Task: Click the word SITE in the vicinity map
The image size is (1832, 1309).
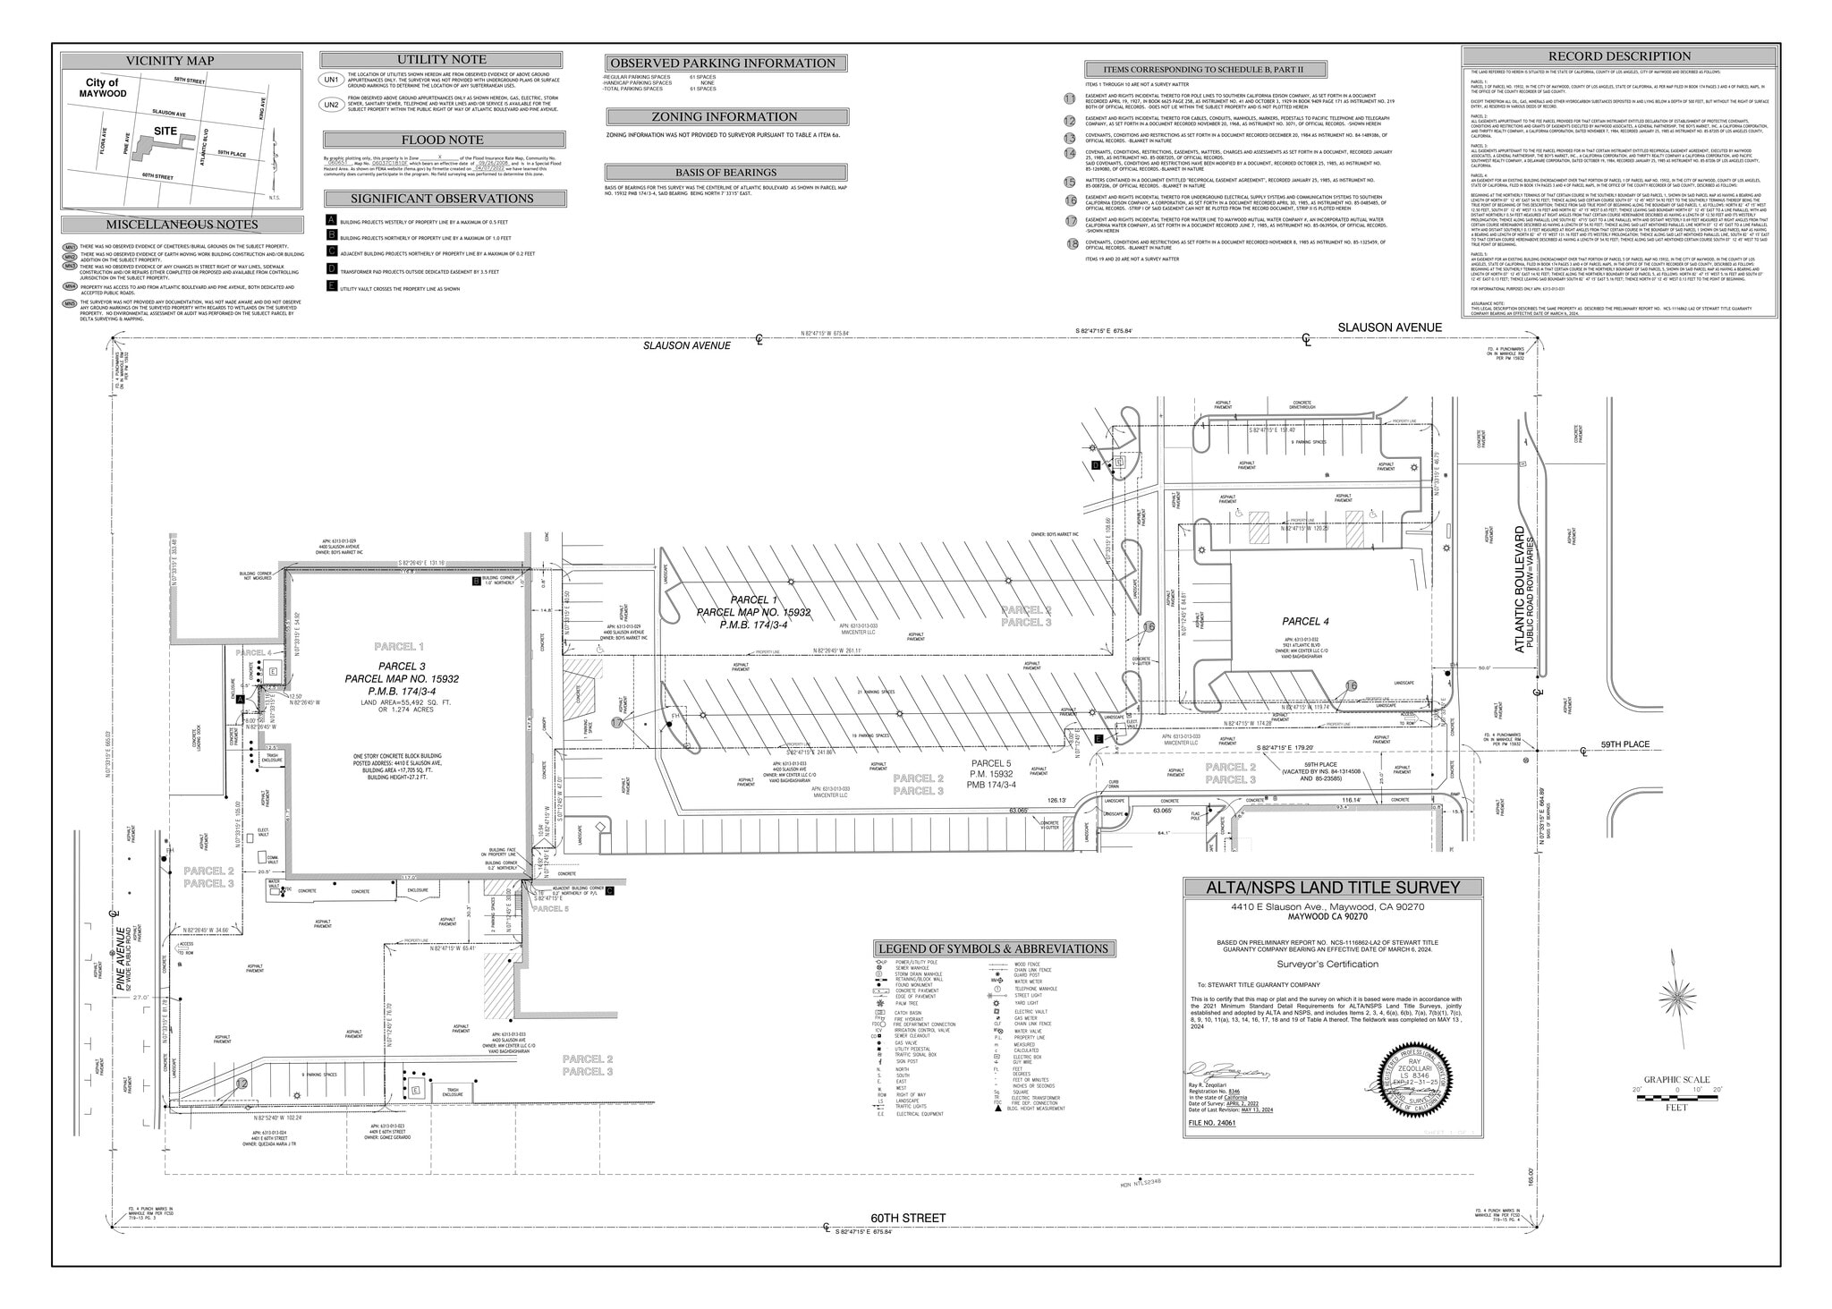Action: click(x=165, y=131)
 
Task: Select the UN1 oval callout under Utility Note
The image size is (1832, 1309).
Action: click(x=331, y=80)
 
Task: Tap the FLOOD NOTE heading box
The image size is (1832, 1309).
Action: click(x=443, y=140)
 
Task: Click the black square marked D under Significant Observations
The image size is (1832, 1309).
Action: click(x=332, y=268)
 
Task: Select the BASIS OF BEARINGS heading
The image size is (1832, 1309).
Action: click(x=725, y=173)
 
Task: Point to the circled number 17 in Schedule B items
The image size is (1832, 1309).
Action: click(x=1071, y=221)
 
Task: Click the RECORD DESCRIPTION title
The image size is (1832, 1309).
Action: click(x=1619, y=56)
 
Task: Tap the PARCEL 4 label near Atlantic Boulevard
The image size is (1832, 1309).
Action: click(x=1305, y=621)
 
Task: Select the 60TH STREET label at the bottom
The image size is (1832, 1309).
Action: click(x=908, y=1218)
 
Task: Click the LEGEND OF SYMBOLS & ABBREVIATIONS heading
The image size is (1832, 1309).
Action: click(x=994, y=949)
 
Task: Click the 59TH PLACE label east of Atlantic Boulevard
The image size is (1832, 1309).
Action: click(x=1625, y=744)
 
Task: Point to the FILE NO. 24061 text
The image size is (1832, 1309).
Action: click(x=1211, y=1122)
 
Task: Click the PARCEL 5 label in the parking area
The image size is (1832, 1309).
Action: click(x=992, y=763)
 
